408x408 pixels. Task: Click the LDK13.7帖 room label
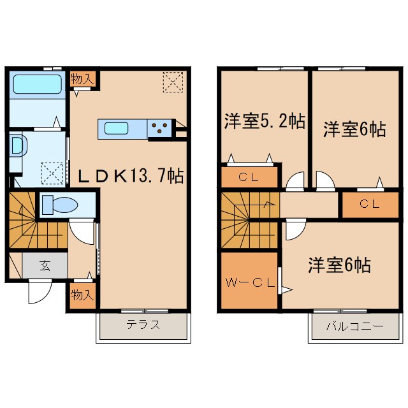point(131,176)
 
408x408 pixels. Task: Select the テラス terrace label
point(142,324)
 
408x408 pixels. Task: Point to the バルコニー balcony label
point(354,326)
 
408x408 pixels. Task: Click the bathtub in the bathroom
point(36,84)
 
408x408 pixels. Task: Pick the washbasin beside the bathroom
point(17,146)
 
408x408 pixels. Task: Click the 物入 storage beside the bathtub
point(82,80)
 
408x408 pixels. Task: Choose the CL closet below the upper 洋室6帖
point(369,205)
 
